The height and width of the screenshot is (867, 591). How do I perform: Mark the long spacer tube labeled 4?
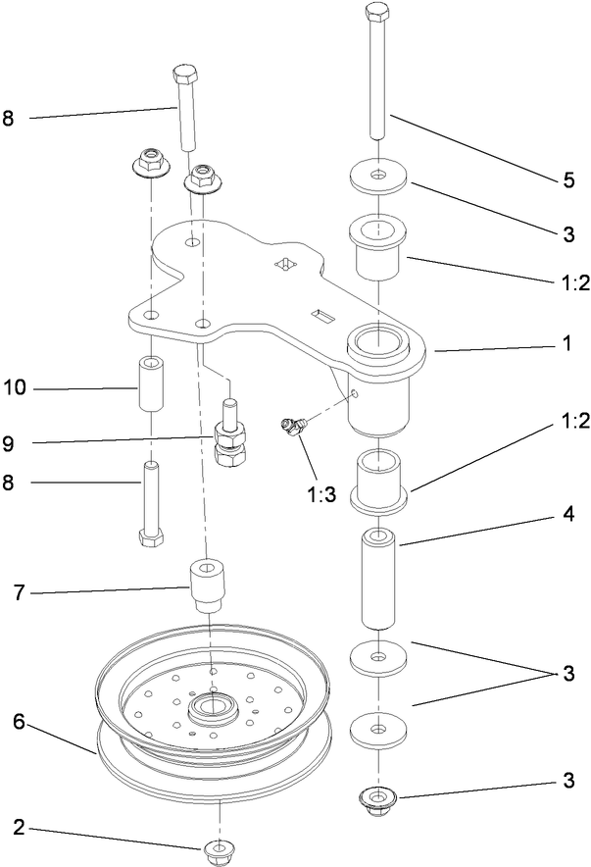pos(379,581)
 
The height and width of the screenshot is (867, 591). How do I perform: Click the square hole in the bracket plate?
pos(286,263)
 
